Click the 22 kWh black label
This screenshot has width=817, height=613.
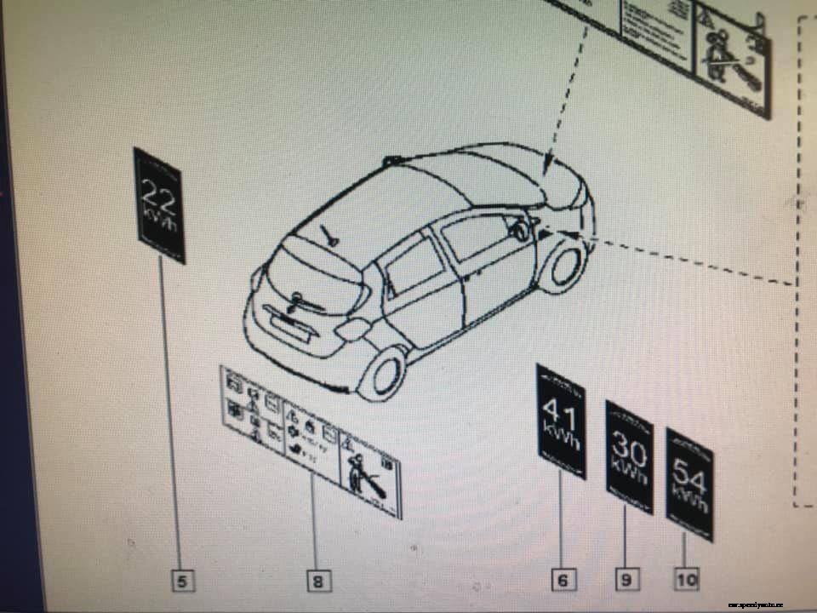click(159, 205)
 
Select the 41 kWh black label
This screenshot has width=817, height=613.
click(561, 421)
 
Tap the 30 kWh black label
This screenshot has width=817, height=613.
click(629, 457)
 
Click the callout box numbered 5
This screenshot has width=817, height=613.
click(182, 581)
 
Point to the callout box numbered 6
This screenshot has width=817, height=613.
click(562, 581)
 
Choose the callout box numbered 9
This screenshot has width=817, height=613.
click(626, 580)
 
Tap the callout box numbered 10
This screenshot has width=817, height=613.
click(686, 580)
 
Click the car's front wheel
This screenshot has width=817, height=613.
click(563, 266)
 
